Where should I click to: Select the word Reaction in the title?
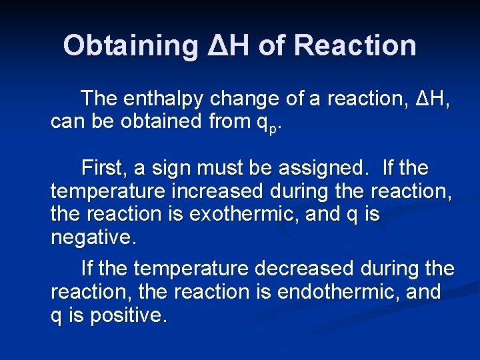[355, 45]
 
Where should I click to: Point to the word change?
[245, 99]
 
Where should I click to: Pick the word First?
[102, 167]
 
